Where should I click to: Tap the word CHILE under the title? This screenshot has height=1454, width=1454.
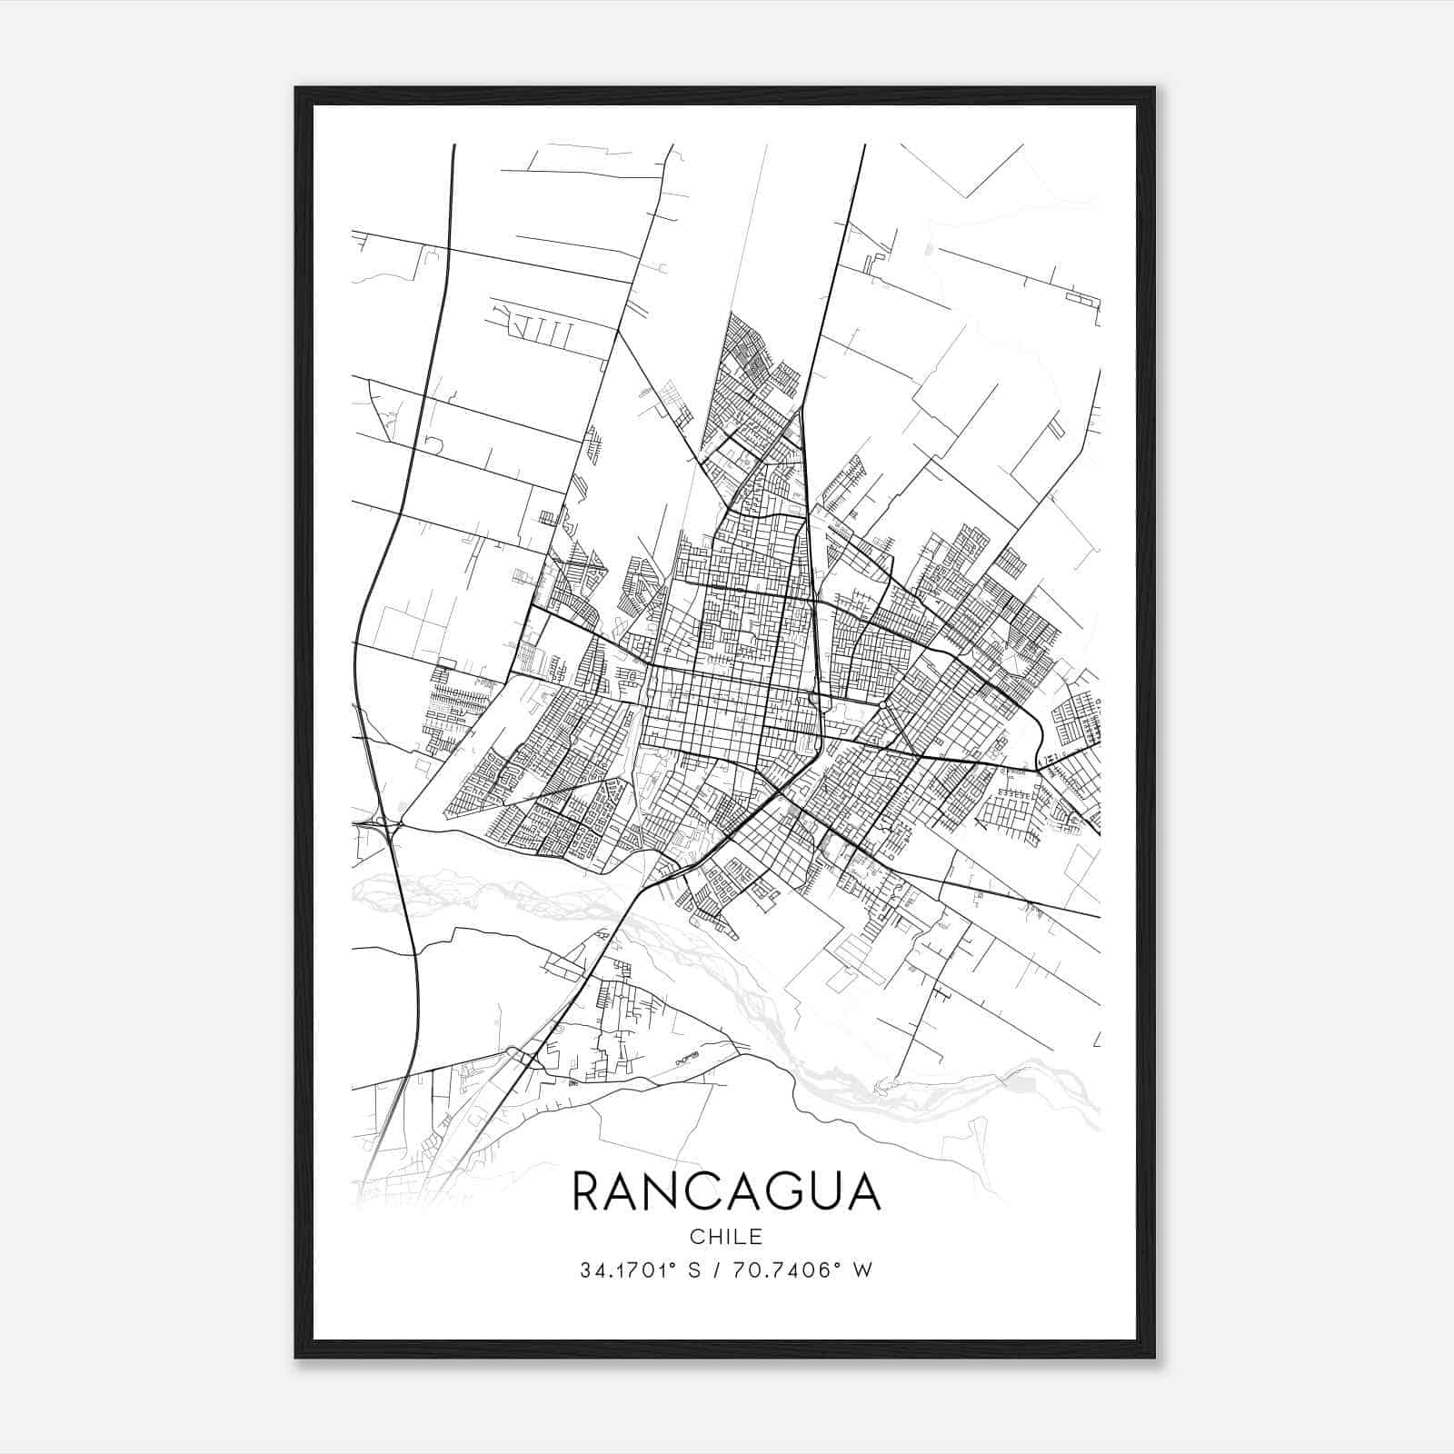coord(726,1237)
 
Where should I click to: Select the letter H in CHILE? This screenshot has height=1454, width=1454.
coord(712,1237)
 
